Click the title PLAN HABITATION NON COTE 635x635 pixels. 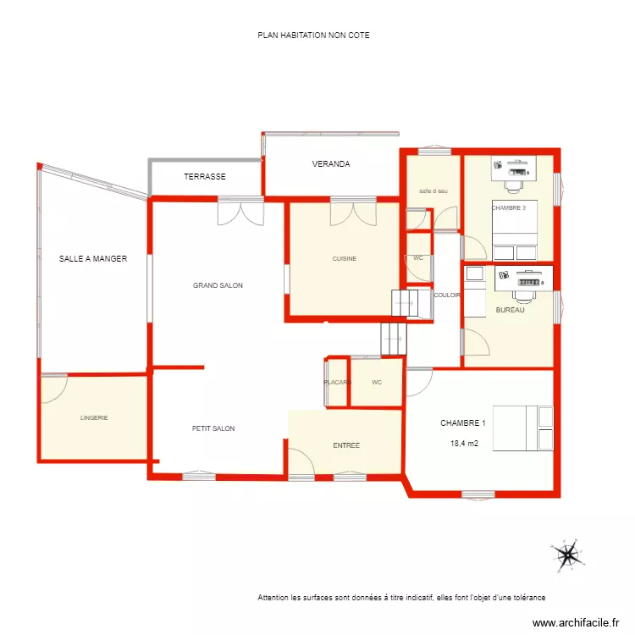coord(313,36)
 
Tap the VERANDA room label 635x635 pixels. coord(331,164)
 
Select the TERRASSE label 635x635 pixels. coord(205,177)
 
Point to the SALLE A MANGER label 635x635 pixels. coord(93,259)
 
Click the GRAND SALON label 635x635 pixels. coord(218,286)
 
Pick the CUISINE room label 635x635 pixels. coord(344,259)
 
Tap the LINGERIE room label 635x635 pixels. coord(94,418)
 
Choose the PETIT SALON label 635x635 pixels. coord(213,429)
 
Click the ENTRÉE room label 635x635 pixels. coord(346,445)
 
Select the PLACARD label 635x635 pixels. coord(337,383)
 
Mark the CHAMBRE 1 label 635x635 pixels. coord(463,422)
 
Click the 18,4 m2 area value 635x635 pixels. coord(463,442)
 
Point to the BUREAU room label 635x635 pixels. coord(511,311)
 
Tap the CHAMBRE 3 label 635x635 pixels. coord(509,207)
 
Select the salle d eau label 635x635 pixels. coord(433,191)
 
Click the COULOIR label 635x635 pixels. coord(446,295)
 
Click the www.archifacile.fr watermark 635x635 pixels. coord(576,622)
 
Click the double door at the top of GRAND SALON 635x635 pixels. coord(240,212)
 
